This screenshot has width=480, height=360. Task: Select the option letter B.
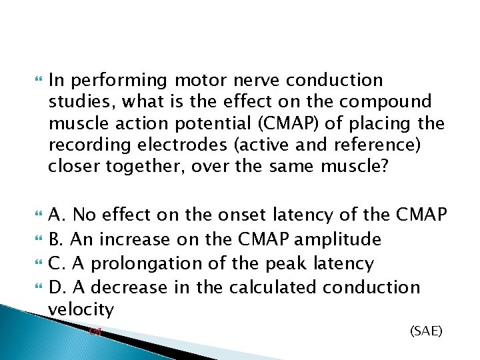click(55, 239)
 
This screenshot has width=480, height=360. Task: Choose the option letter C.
click(56, 263)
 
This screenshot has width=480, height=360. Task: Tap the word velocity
click(81, 309)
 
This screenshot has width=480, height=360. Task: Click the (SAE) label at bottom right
click(426, 330)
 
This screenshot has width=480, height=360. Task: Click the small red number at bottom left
click(93, 331)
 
